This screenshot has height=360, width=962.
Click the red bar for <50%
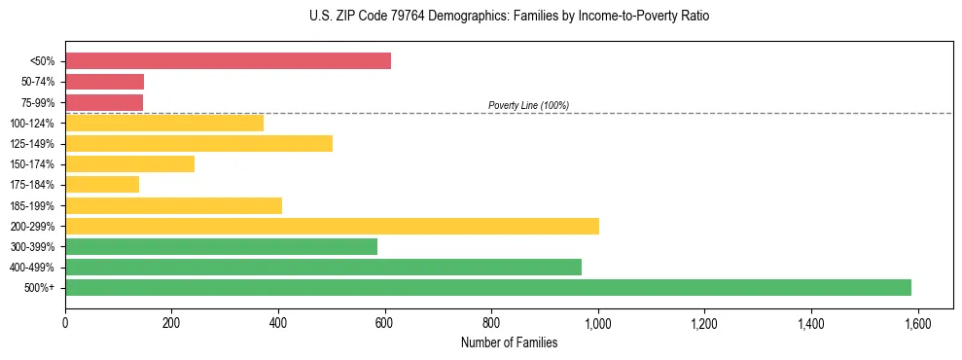[x=228, y=61]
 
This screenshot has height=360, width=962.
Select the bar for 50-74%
[x=104, y=82]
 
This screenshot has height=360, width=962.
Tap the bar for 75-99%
[x=104, y=102]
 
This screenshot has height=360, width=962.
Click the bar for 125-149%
[x=198, y=143]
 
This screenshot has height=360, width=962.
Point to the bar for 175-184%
[x=102, y=184]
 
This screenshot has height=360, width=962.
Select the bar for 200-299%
[x=332, y=226]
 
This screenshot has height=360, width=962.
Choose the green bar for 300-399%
[x=221, y=246]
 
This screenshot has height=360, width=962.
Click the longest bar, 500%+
[x=488, y=287]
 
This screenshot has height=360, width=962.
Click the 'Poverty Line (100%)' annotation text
[x=528, y=105]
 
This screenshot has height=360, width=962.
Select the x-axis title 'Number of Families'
[x=509, y=342]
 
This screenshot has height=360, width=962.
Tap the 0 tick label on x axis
[x=65, y=323]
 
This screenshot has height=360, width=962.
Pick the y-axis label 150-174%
[x=33, y=164]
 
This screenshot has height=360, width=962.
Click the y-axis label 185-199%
[x=33, y=205]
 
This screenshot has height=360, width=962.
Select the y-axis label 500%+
[x=40, y=288]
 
